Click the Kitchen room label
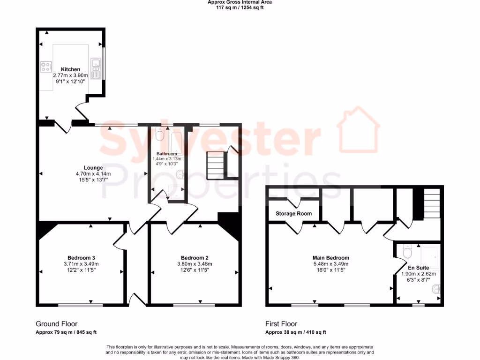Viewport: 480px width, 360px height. pyautogui.click(x=70, y=69)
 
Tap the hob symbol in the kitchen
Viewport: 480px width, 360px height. pyautogui.click(x=46, y=67)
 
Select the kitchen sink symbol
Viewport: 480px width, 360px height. pyautogui.click(x=97, y=67)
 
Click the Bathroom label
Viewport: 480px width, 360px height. pyautogui.click(x=166, y=154)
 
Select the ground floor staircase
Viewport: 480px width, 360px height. pyautogui.click(x=217, y=166)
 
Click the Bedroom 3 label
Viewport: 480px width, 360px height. pyautogui.click(x=81, y=258)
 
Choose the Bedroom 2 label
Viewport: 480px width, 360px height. pyautogui.click(x=195, y=258)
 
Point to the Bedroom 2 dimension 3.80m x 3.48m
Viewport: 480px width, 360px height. pyautogui.click(x=195, y=264)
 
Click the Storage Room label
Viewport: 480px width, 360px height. pyautogui.click(x=293, y=214)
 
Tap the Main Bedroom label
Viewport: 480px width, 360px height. pyautogui.click(x=331, y=258)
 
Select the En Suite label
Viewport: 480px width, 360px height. pyautogui.click(x=418, y=268)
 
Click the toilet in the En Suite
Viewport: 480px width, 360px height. pyautogui.click(x=406, y=252)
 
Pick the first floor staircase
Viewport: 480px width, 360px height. pyautogui.click(x=432, y=203)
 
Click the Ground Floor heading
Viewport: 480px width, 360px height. pyautogui.click(x=57, y=324)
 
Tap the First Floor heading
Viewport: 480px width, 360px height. pyautogui.click(x=281, y=324)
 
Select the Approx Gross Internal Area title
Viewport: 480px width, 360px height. pyautogui.click(x=240, y=2)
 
